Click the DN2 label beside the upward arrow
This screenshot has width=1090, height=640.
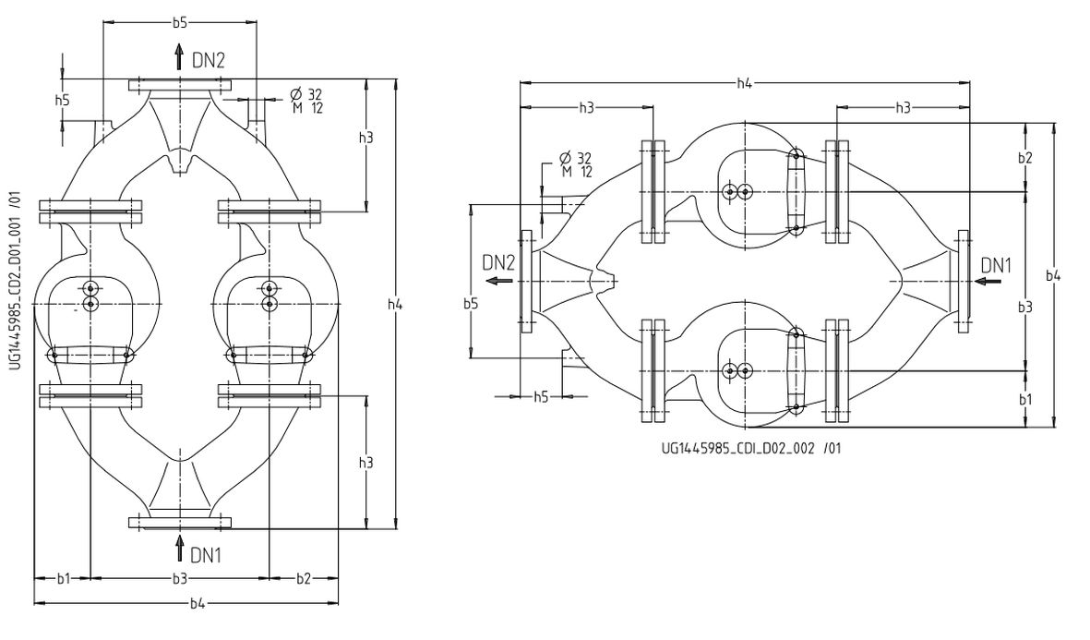[209, 60]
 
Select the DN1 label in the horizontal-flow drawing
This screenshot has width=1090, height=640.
[996, 266]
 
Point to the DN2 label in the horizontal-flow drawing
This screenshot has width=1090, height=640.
[499, 262]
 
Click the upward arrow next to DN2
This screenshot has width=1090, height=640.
[179, 58]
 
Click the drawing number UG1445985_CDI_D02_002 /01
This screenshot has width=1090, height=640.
[751, 448]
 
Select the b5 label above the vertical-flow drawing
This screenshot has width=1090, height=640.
[180, 22]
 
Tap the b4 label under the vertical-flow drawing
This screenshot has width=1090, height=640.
[198, 604]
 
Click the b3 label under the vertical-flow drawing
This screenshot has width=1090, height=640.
[180, 579]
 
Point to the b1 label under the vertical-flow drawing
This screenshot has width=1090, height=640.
[63, 579]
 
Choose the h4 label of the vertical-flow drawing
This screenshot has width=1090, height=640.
[395, 305]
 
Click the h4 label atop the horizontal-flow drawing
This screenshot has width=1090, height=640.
[744, 84]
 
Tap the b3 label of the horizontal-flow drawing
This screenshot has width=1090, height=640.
[1025, 306]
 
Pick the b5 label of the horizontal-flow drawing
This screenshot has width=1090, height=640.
[471, 303]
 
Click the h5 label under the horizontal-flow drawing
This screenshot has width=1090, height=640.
[542, 396]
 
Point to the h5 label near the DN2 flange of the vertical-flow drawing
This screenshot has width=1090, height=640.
[62, 100]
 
